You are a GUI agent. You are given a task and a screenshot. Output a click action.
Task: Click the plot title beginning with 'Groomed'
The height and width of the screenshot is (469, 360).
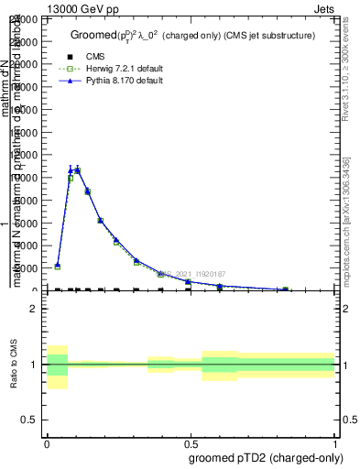pyautogui.click(x=192, y=36)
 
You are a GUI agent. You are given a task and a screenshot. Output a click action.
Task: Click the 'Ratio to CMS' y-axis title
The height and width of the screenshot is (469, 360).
pyautogui.click(x=14, y=366)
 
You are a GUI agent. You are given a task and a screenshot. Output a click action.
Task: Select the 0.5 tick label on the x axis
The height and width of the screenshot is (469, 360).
pyautogui.click(x=191, y=443)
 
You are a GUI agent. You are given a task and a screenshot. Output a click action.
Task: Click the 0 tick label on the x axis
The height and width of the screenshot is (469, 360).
pyautogui.click(x=47, y=443)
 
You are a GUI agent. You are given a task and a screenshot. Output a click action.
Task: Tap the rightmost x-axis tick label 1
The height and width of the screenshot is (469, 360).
pyautogui.click(x=334, y=443)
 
